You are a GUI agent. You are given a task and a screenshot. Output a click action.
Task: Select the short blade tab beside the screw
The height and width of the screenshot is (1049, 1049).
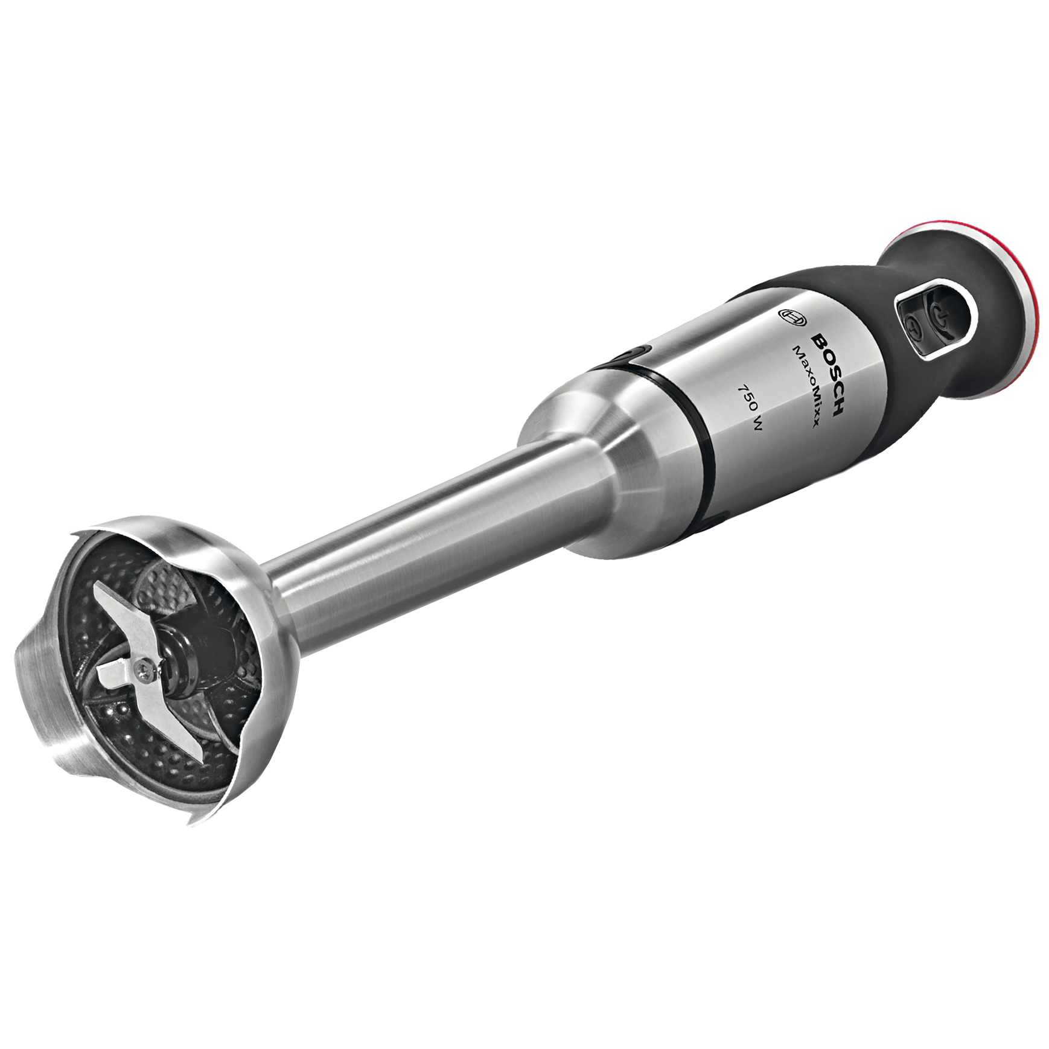click(x=115, y=673)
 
